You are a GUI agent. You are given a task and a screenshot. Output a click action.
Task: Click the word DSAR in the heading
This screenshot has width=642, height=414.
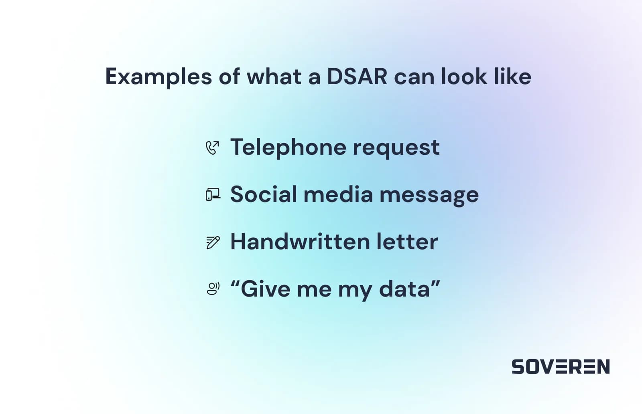click(x=357, y=77)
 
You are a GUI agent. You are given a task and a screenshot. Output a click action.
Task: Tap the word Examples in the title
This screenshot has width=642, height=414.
click(x=158, y=77)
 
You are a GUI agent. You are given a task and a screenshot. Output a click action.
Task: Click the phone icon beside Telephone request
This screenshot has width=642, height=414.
click(x=212, y=147)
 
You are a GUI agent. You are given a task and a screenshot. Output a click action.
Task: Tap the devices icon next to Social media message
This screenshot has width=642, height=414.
click(x=213, y=195)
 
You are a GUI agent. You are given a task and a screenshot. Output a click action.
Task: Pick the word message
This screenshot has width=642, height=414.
click(x=429, y=195)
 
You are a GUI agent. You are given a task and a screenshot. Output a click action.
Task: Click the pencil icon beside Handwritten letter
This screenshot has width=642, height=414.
click(x=213, y=242)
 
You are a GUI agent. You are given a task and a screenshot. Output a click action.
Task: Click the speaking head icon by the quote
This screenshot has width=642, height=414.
click(x=213, y=289)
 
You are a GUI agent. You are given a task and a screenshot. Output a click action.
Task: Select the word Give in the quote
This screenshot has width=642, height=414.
click(x=265, y=289)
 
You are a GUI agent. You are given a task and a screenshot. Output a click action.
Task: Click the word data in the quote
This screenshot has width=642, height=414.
click(x=404, y=289)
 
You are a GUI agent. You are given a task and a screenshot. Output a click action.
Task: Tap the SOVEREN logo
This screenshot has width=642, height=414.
click(x=561, y=367)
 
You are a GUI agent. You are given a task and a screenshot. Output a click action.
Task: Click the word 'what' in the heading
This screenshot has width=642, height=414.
click(x=274, y=77)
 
